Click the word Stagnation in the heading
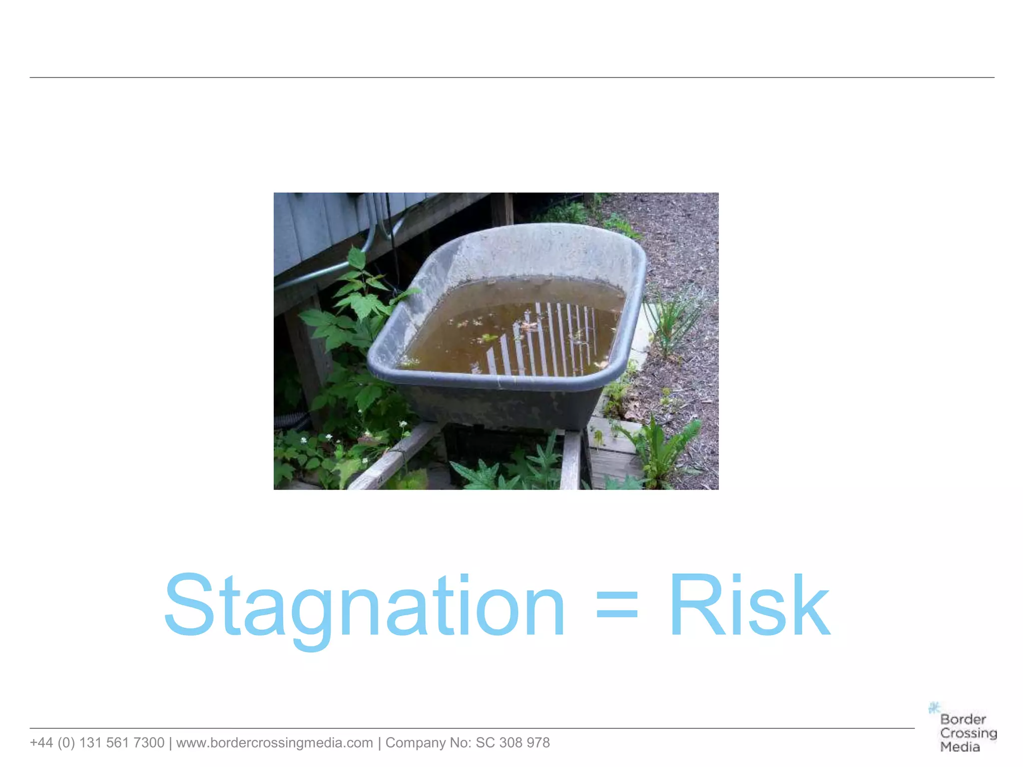365,607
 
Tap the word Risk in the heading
749,607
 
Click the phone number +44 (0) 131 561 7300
97,743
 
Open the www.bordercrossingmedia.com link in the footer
274,743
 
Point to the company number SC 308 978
512,743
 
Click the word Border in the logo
963,720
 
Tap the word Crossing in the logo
968,733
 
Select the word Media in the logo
960,747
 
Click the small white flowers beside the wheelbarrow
330,437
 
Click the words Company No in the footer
423,743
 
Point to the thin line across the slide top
511,77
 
